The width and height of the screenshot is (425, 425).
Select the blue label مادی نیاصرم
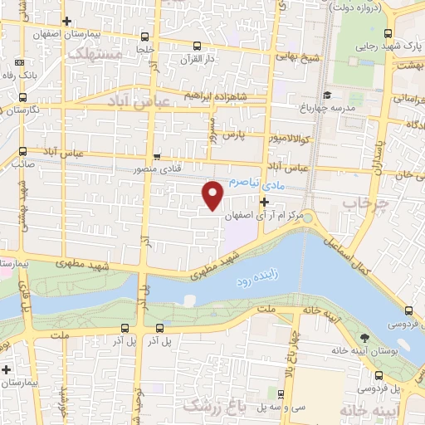[x=256, y=181]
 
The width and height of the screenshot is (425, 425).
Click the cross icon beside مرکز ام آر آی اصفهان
[x=265, y=202]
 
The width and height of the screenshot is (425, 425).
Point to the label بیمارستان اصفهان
[x=62, y=36]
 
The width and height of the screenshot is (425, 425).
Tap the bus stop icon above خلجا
[x=146, y=37]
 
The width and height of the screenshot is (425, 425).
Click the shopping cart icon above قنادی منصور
[x=157, y=156]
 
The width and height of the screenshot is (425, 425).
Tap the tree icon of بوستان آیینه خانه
[x=364, y=336]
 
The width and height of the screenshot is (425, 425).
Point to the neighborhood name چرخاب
[x=366, y=203]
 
